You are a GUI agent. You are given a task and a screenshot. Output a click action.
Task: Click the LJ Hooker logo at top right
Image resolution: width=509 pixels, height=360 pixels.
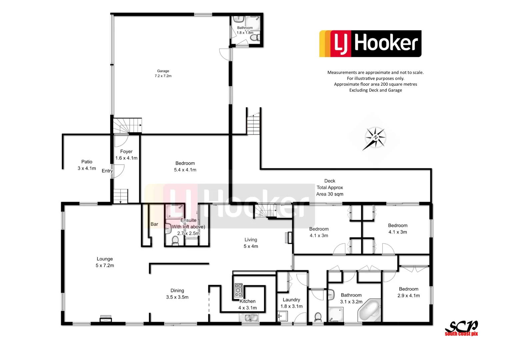pyautogui.click(x=370, y=44)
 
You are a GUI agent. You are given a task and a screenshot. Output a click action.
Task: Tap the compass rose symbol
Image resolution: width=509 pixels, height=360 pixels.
pyautogui.click(x=375, y=138)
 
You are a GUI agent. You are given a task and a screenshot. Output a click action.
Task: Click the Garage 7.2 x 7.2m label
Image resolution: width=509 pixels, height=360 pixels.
pyautogui.click(x=163, y=73)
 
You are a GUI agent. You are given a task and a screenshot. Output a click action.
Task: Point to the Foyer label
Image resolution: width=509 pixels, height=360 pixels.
pyautogui.click(x=126, y=152)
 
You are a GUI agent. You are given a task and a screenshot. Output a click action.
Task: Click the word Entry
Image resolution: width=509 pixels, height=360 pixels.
pyautogui.click(x=107, y=171)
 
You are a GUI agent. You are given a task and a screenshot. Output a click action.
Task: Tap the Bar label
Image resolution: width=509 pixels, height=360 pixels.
pyautogui.click(x=154, y=224)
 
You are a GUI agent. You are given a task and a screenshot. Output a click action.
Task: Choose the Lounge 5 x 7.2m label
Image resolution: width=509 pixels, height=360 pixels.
pyautogui.click(x=105, y=262)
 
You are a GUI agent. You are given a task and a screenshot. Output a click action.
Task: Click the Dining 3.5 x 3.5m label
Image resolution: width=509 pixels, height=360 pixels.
pyautogui.click(x=177, y=294)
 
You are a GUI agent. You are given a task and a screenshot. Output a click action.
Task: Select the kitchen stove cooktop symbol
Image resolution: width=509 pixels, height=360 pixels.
pyautogui.click(x=238, y=290)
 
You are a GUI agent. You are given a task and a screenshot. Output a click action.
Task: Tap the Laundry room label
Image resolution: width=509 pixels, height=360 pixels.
pyautogui.click(x=291, y=300)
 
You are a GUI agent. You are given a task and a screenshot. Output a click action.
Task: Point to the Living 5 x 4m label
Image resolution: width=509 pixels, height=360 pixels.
pyautogui.click(x=251, y=243)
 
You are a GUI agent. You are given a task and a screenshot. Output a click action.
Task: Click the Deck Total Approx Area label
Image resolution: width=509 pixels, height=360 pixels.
pyautogui.click(x=330, y=188)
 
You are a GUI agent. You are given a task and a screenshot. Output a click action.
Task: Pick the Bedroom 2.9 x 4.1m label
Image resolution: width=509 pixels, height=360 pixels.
pyautogui.click(x=408, y=292)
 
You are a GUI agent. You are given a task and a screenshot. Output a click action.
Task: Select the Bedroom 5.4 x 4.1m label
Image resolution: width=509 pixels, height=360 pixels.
pyautogui.click(x=185, y=167)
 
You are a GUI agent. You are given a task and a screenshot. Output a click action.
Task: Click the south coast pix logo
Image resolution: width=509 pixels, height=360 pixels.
pyautogui.click(x=461, y=329)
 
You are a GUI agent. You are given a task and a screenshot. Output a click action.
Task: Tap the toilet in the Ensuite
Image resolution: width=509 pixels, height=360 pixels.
pyautogui.click(x=175, y=241)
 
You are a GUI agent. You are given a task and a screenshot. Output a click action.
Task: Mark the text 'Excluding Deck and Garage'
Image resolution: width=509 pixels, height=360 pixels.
pyautogui.click(x=375, y=90)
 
